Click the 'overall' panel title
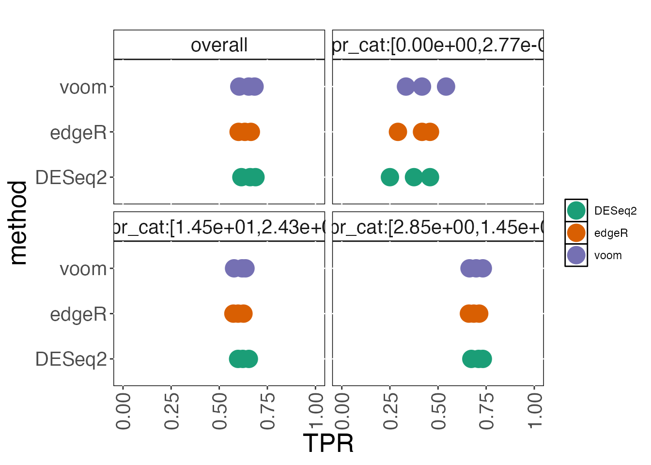pos(219,45)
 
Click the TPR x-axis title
pos(328,443)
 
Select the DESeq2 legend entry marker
pos(576,211)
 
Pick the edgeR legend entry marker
pos(576,233)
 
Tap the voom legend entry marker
pos(576,255)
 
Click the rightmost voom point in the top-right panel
pos(446,87)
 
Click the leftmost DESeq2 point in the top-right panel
pos(389,177)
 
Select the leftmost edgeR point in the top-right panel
pos(398,132)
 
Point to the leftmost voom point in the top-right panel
pos(405,87)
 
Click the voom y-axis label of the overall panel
pos(83,88)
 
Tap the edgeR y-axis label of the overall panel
pos(78,133)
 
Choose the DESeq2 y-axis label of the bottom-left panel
pos(71,359)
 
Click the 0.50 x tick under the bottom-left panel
pos(219,411)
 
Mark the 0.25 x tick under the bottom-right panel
pos(390,411)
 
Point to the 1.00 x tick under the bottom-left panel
pos(316,411)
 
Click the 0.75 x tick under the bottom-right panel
pos(486,411)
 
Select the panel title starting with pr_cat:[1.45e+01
pos(219,227)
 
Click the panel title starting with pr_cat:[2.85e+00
pos(438,227)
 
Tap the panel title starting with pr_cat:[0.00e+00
pos(438,45)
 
